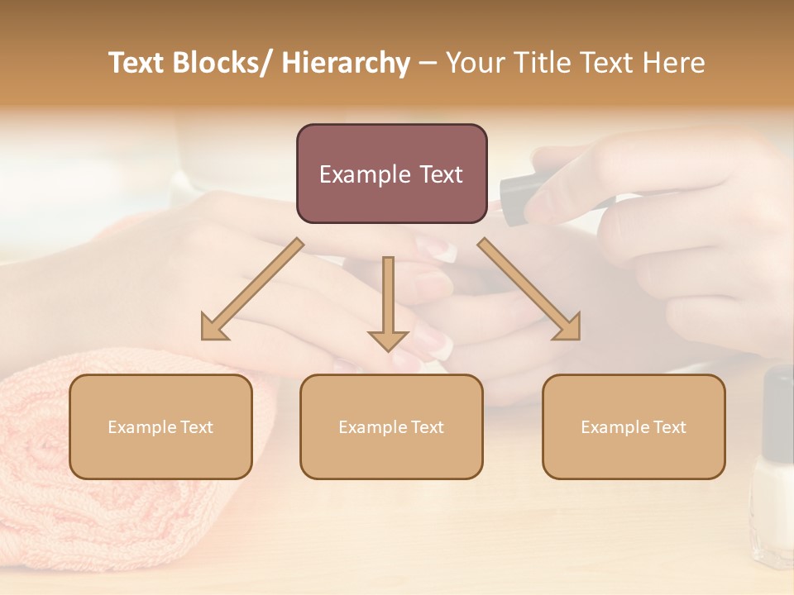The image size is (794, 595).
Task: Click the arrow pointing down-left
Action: pos(251,289)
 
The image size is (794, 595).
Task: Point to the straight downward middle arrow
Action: pos(388,302)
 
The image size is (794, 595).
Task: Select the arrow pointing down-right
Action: pos(529,289)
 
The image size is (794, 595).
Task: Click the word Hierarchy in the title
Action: pos(346,63)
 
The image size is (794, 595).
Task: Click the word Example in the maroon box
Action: pos(365,174)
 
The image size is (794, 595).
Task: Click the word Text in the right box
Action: pos(669,427)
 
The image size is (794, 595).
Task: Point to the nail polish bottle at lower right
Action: pos(774,471)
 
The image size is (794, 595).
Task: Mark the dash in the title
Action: pos(428,64)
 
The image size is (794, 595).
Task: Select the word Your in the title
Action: pos(475,63)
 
